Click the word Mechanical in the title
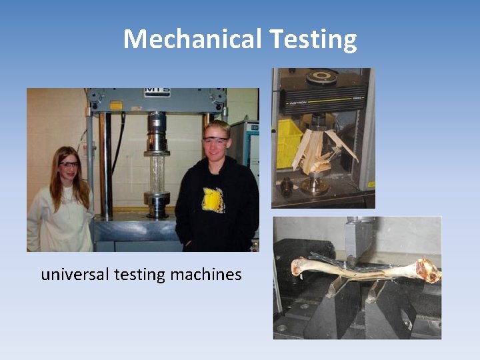192,39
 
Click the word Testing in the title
313,40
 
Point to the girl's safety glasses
69,164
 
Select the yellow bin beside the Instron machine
289,144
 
